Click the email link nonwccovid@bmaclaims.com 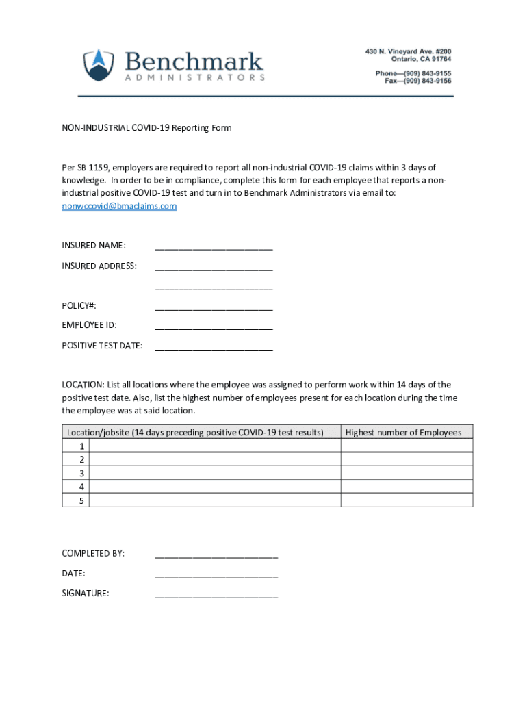[x=119, y=206]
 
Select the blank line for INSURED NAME [x=214, y=246]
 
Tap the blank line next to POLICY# [x=214, y=307]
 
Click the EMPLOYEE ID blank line [x=214, y=327]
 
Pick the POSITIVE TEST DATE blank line [x=214, y=346]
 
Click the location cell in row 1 [x=215, y=446]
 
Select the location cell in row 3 [x=215, y=473]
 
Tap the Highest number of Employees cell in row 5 [x=407, y=500]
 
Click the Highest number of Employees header [x=403, y=432]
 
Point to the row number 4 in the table [x=81, y=487]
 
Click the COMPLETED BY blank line [x=216, y=555]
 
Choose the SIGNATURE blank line [x=216, y=594]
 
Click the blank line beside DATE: [x=216, y=574]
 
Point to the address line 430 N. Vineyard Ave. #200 [x=407, y=51]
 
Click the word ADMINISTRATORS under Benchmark [x=195, y=78]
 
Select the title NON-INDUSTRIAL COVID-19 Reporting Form [x=146, y=128]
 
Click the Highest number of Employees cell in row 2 [x=407, y=459]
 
